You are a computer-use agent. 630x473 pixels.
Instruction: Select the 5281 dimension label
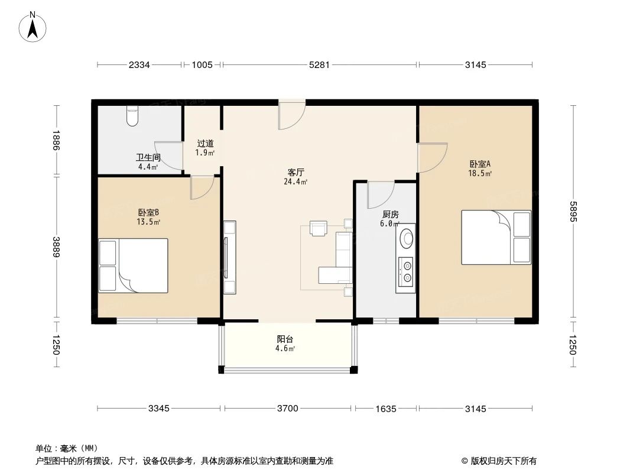(319, 65)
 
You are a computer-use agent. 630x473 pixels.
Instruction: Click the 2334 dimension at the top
(139, 65)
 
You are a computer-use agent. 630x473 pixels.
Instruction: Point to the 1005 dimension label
(202, 65)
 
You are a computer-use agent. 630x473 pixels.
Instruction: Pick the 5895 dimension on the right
(572, 212)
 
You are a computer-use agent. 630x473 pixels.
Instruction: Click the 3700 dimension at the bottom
(288, 409)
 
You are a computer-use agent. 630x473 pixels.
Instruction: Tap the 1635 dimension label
(385, 409)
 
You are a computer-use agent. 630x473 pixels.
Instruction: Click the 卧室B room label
(148, 212)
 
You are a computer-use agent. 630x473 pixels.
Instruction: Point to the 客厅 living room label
(295, 172)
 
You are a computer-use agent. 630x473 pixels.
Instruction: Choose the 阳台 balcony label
(285, 339)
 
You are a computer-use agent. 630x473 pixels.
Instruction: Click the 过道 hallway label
(205, 143)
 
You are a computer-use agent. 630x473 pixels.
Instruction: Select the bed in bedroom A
(496, 237)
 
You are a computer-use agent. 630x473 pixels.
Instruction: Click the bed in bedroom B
(134, 265)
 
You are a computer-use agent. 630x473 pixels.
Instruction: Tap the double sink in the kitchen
(406, 272)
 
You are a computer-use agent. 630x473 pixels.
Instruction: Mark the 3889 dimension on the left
(56, 248)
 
